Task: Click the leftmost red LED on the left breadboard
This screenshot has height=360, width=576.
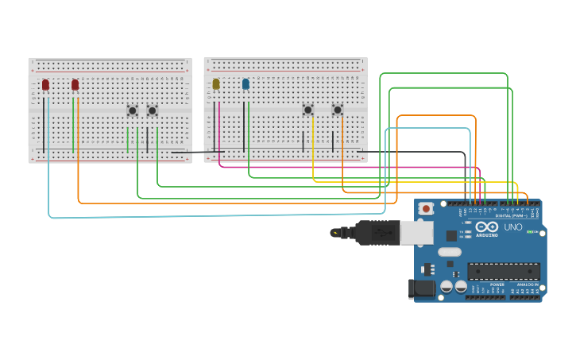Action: [x=45, y=84]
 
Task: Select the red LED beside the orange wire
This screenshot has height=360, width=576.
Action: [x=75, y=84]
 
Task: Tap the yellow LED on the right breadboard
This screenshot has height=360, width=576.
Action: [x=215, y=83]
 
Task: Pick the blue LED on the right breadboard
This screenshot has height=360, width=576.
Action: [x=245, y=83]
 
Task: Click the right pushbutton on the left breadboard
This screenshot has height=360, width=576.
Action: [x=152, y=110]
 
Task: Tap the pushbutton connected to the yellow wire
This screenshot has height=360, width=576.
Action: [x=307, y=110]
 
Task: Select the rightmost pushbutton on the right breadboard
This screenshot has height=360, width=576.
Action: [x=337, y=110]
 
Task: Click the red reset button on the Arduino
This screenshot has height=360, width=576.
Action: [x=426, y=209]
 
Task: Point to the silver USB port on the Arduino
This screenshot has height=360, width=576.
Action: [x=416, y=232]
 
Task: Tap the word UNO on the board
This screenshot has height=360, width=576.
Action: [x=513, y=227]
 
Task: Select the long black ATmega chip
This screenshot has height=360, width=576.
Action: [x=503, y=271]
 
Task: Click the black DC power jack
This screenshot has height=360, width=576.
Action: [x=420, y=289]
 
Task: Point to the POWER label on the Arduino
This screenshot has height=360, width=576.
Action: [x=497, y=285]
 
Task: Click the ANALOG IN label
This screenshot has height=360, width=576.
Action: [x=527, y=285]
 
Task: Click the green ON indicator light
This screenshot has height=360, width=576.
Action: [x=531, y=232]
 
